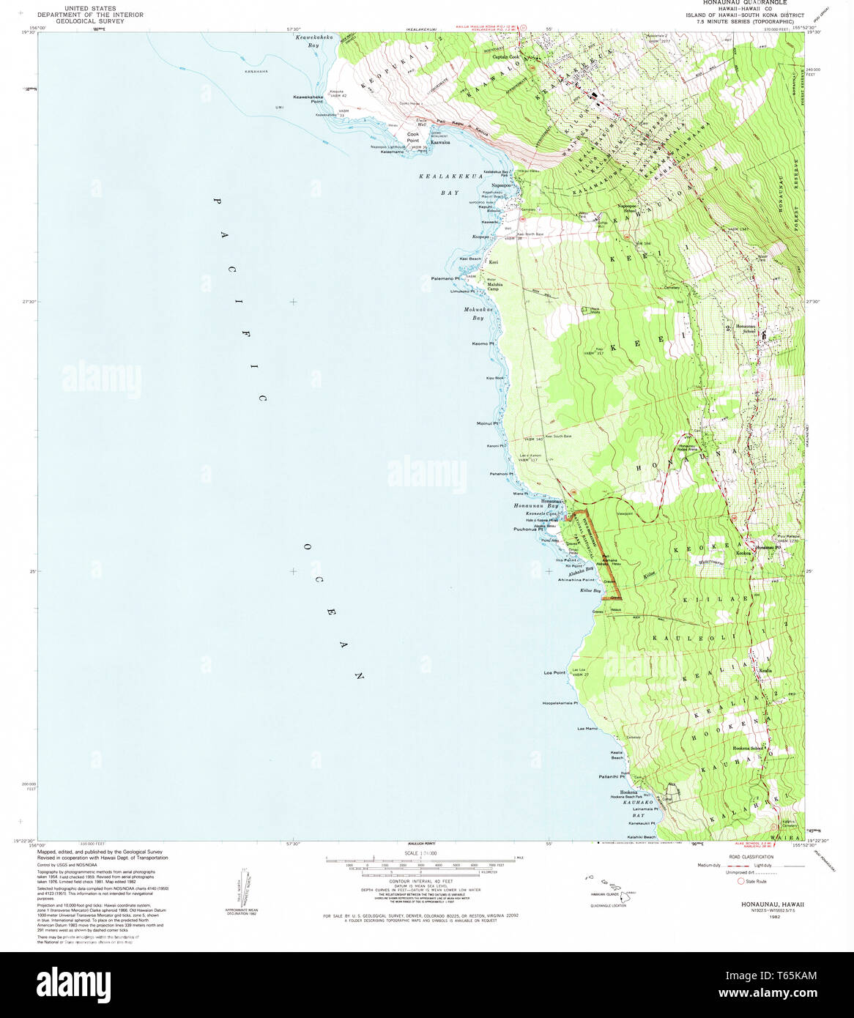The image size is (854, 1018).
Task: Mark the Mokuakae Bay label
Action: (x=478, y=313)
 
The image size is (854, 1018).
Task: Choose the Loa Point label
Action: (x=554, y=672)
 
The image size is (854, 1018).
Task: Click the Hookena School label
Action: (x=748, y=748)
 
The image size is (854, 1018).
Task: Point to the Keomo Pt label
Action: (x=483, y=343)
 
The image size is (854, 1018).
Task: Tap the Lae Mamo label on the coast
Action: (x=587, y=729)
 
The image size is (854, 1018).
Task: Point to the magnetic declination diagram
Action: (x=241, y=888)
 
